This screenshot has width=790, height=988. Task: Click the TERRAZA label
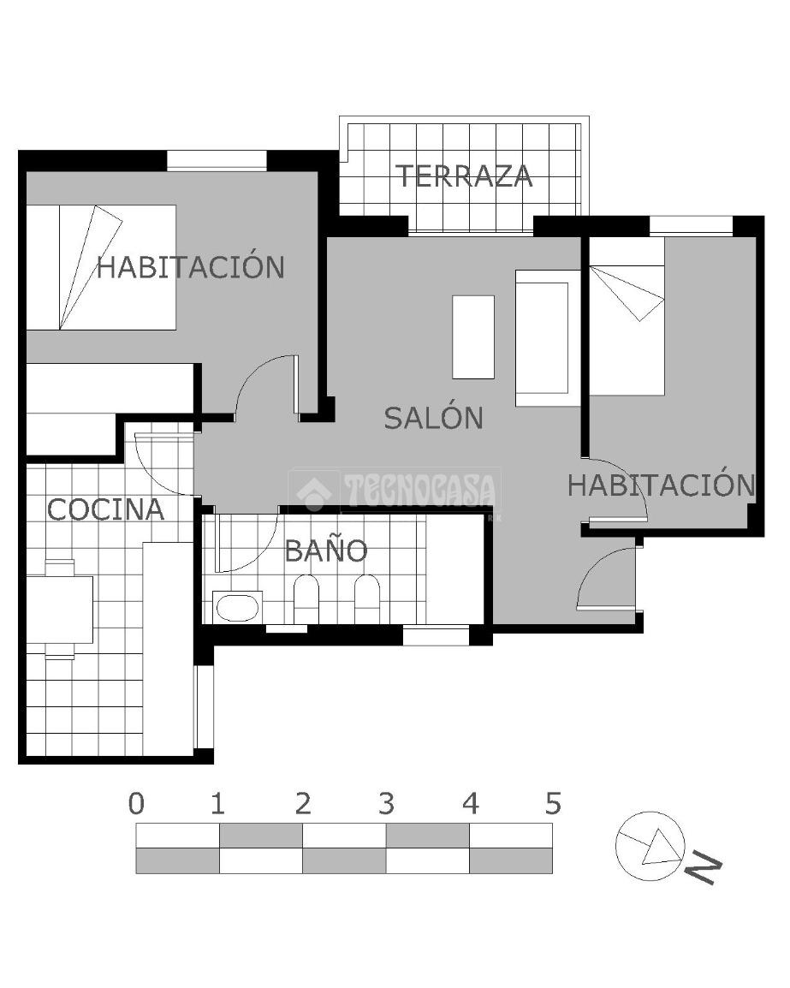[x=464, y=176]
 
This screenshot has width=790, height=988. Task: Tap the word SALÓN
[x=433, y=418]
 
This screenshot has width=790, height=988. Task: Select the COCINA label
[x=106, y=509]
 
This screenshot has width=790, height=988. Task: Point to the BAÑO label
[x=326, y=551]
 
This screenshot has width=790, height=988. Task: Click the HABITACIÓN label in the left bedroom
[x=190, y=266]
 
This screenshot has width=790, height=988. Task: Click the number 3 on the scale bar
[x=386, y=804]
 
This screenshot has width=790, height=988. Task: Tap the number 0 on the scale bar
[x=136, y=804]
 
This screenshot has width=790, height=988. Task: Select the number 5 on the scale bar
[x=553, y=804]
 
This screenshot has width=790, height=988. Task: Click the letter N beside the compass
[x=703, y=868]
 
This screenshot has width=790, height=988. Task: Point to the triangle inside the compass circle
[x=662, y=848]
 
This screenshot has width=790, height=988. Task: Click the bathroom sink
[x=237, y=607]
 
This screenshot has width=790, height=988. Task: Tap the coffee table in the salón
[x=473, y=337]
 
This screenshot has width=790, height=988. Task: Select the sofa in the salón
[x=548, y=338]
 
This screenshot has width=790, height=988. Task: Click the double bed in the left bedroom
[x=101, y=267]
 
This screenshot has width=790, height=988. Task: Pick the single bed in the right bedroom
[x=627, y=316]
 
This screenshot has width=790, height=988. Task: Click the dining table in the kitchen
[x=60, y=610]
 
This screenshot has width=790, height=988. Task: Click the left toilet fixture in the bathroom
[x=306, y=599]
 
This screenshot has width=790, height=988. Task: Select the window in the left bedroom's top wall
[x=217, y=160]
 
